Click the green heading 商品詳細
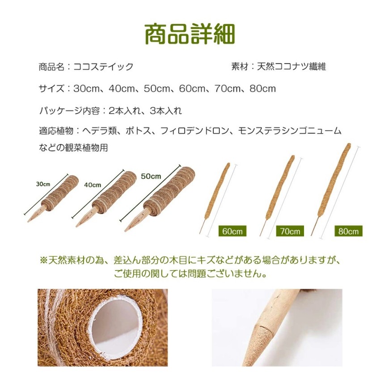(190, 34)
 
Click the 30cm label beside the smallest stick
(43, 184)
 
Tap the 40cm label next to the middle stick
(93, 185)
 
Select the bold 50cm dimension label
(151, 176)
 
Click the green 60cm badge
(232, 231)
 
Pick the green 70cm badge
(290, 231)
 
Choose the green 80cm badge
(348, 231)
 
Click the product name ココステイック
(103, 67)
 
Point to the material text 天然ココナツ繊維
(291, 66)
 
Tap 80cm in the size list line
(263, 89)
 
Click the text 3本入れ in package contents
(166, 111)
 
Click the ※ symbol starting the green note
(44, 260)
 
